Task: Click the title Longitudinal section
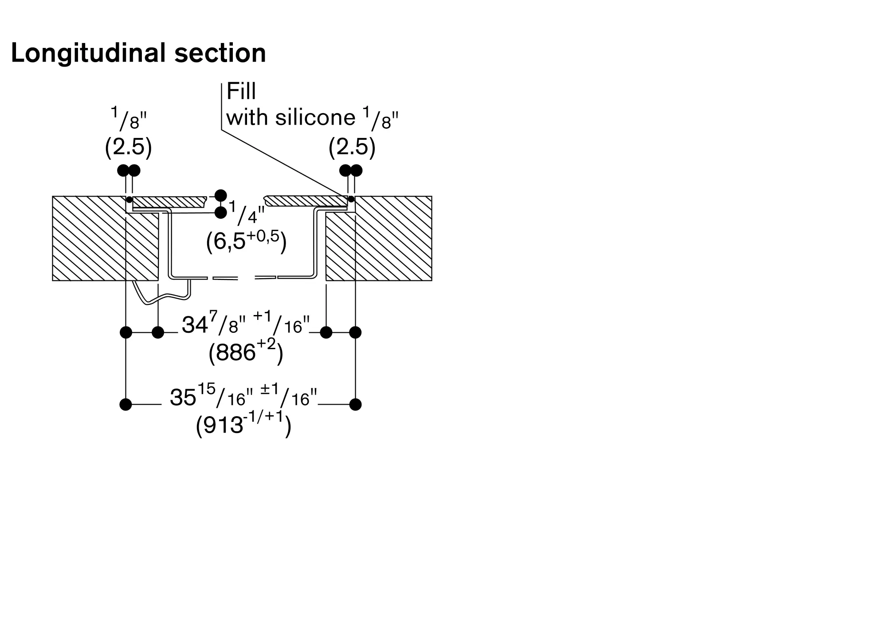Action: click(x=138, y=53)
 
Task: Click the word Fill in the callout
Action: click(x=241, y=92)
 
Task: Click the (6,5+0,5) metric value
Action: click(x=247, y=242)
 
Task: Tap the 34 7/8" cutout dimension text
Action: click(x=246, y=324)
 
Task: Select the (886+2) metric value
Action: click(x=246, y=352)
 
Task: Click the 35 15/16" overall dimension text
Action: click(x=244, y=396)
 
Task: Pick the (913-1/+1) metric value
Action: click(x=244, y=425)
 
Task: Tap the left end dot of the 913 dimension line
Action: click(x=126, y=405)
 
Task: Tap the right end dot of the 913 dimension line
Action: click(x=355, y=405)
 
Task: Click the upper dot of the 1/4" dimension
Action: click(x=220, y=196)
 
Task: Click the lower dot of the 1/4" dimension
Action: click(x=220, y=213)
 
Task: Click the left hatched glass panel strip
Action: click(x=170, y=202)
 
